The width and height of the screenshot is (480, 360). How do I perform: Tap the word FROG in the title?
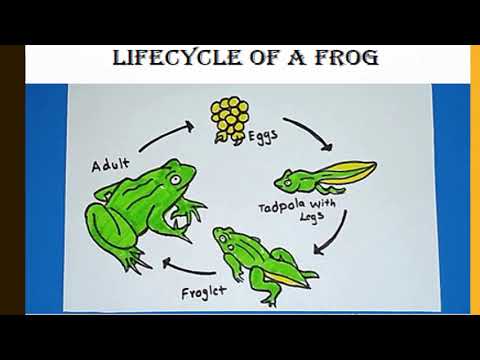pyautogui.click(x=344, y=57)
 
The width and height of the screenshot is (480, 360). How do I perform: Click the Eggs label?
pyautogui.click(x=265, y=131)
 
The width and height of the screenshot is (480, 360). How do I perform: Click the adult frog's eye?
pyautogui.click(x=176, y=179)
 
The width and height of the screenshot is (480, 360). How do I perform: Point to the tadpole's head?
pyautogui.click(x=287, y=181)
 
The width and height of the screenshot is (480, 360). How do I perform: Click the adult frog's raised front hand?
pyautogui.click(x=190, y=212)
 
